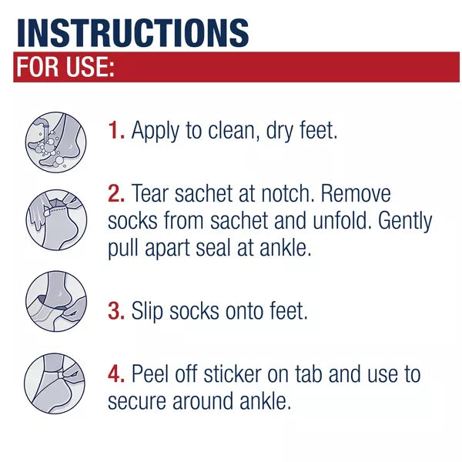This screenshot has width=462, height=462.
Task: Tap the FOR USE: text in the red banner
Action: [65, 68]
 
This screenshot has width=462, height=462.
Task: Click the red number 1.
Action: [115, 130]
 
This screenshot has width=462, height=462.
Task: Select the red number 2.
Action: [116, 193]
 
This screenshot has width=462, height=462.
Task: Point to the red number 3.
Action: [116, 311]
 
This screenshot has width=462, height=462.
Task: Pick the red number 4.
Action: [116, 374]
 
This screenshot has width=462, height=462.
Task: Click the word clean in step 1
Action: [233, 130]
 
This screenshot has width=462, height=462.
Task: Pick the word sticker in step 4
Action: [238, 374]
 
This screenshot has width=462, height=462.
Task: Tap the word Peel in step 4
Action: [155, 374]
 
